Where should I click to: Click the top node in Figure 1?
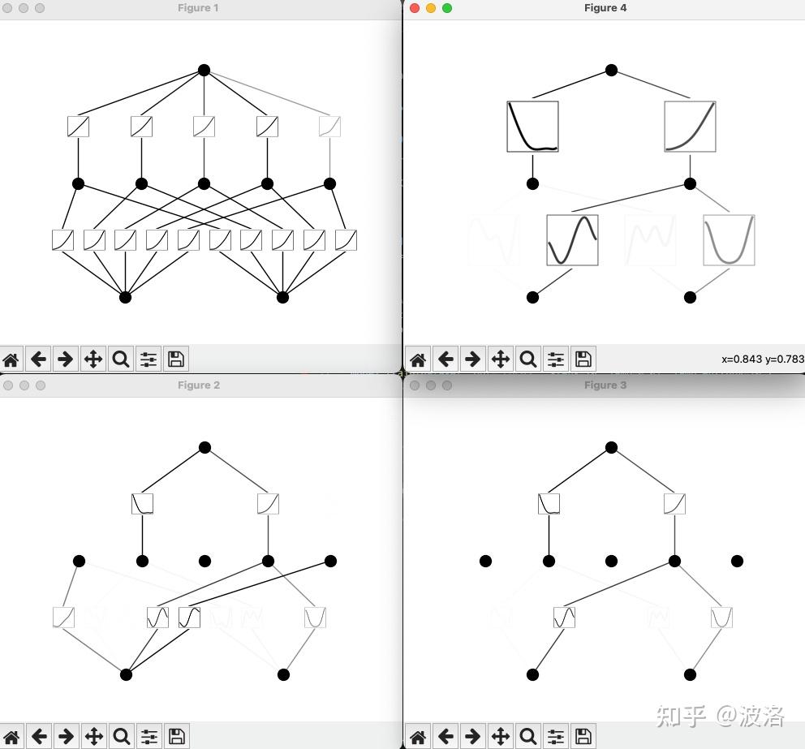(204, 71)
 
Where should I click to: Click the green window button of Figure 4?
(447, 8)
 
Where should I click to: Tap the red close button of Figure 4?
(415, 8)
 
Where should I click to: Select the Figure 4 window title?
(605, 7)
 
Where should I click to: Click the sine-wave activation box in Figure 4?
(572, 240)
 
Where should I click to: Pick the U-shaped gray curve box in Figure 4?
(729, 240)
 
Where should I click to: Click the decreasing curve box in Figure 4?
(532, 127)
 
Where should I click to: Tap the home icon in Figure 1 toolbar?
(11, 359)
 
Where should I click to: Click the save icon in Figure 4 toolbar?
(583, 359)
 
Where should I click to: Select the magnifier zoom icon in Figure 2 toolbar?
(122, 737)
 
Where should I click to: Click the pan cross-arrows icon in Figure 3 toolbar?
(501, 737)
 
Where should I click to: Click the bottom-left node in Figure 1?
(125, 297)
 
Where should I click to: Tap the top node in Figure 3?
(611, 447)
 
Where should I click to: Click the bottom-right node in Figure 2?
(283, 674)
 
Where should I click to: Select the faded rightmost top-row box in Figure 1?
(329, 127)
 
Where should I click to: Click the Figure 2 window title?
(199, 385)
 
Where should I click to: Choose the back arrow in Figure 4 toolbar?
(446, 359)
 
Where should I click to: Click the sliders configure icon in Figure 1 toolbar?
(149, 359)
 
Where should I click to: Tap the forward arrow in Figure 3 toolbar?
(473, 737)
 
